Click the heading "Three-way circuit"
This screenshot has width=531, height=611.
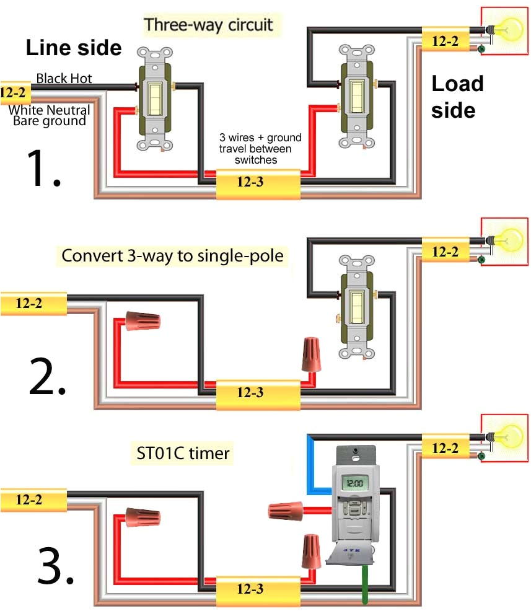(x=208, y=25)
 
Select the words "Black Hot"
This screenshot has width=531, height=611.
(x=64, y=78)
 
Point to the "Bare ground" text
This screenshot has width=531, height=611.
(x=50, y=121)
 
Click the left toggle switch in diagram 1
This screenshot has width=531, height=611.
(x=155, y=99)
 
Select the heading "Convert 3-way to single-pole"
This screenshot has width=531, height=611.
(x=172, y=255)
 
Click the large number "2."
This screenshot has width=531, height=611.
(x=47, y=379)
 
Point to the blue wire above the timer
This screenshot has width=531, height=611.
(x=312, y=462)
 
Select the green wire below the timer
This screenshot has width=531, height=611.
(x=365, y=583)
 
